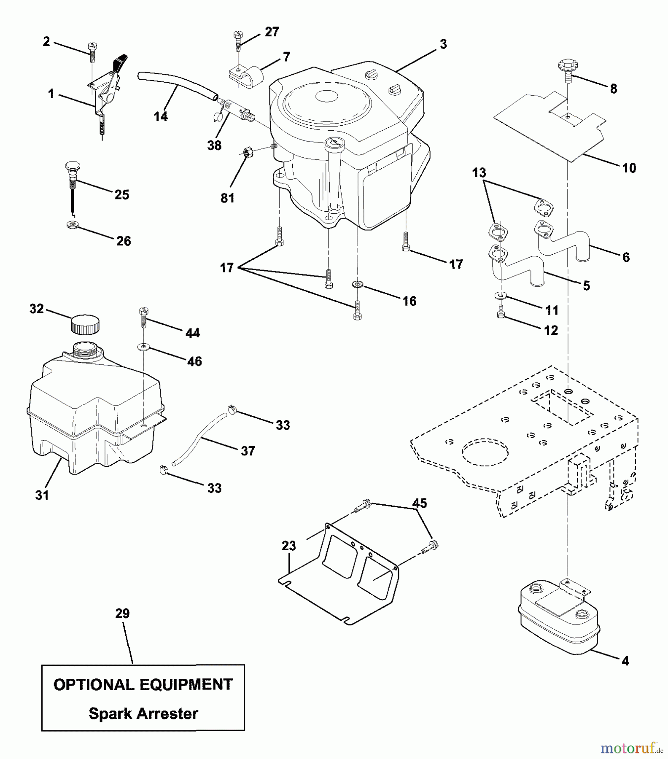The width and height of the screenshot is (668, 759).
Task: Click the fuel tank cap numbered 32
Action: (x=85, y=324)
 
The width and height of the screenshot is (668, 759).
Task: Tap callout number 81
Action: (x=227, y=198)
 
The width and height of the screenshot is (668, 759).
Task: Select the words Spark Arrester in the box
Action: (x=143, y=713)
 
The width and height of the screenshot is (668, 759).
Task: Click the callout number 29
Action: (x=122, y=613)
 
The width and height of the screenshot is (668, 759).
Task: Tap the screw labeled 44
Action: (x=143, y=319)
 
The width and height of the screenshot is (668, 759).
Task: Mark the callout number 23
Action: (x=289, y=546)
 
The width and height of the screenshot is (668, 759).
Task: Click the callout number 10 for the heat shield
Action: (x=629, y=168)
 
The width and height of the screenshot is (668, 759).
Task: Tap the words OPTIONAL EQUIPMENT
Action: (x=143, y=684)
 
